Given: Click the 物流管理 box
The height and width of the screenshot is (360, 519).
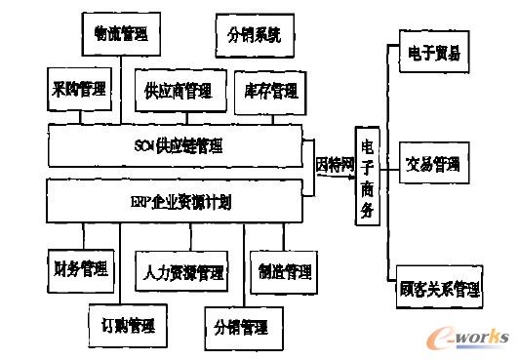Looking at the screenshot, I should click(120, 34).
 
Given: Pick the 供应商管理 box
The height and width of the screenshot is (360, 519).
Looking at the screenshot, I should click(178, 92).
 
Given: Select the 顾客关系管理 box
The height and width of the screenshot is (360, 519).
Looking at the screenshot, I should click(439, 289).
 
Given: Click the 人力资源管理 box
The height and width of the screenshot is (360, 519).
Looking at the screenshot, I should click(182, 270).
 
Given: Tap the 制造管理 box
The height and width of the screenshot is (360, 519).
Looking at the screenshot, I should click(279, 269).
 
